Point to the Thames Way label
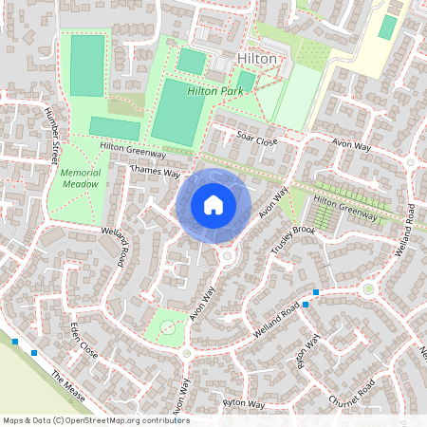click(x=155, y=171)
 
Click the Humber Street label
click(x=52, y=139)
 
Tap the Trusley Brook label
click(x=292, y=242)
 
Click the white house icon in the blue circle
click(x=213, y=204)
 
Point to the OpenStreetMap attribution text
click(x=95, y=419)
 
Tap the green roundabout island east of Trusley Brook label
click(x=367, y=288)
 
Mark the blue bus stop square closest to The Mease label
click(x=34, y=353)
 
